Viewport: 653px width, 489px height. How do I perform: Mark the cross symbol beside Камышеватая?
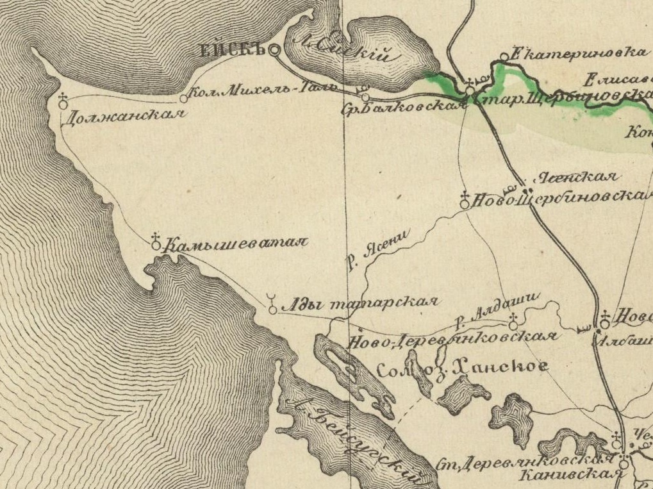pos(156,241)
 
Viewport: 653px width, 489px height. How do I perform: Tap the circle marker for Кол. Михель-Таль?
pos(184,99)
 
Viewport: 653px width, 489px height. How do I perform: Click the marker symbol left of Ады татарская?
pos(273,306)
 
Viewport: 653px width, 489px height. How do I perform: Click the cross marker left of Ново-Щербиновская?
pos(465,201)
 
